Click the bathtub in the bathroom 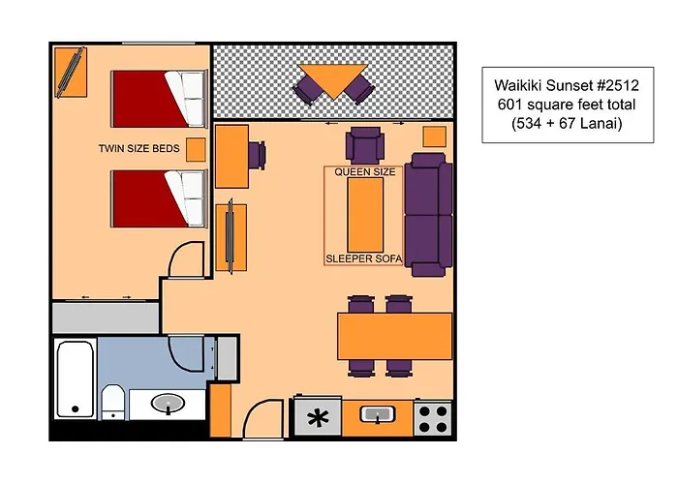tap(76, 378)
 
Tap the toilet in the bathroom tap(112, 400)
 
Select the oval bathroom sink tap(169, 403)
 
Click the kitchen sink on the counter tap(375, 414)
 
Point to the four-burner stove tap(433, 418)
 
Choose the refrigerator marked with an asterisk tap(317, 418)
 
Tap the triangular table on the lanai tap(332, 79)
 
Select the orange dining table tap(394, 335)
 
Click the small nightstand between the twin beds tap(196, 149)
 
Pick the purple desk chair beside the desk tap(258, 154)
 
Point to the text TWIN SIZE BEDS tap(139, 149)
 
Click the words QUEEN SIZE tap(365, 171)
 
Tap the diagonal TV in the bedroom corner tap(70, 73)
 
